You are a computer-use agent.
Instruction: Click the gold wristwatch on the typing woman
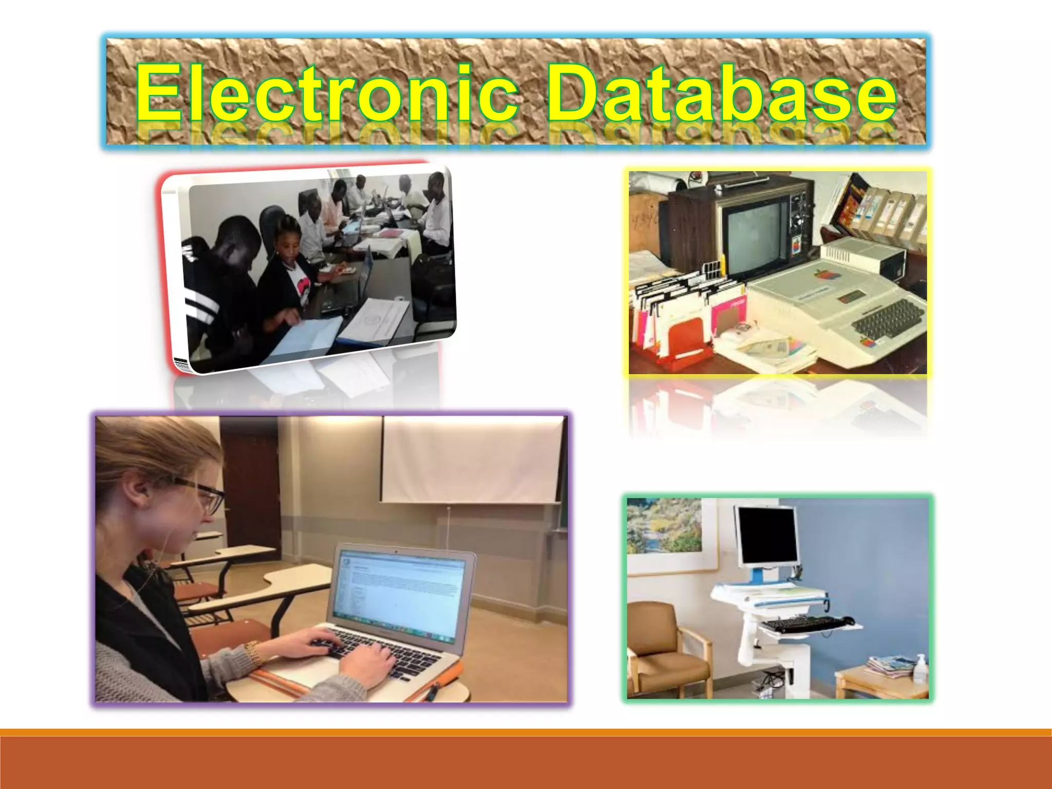(253, 652)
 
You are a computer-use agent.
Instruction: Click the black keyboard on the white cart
(801, 625)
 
